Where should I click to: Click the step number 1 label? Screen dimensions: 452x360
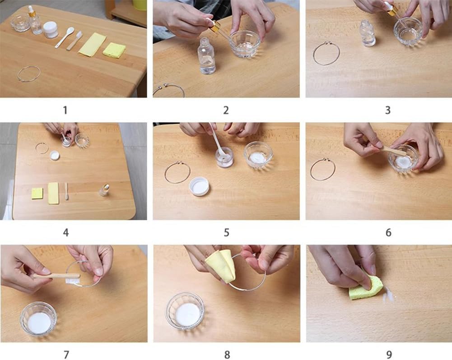tap(65, 110)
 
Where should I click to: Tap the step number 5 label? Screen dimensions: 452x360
tap(226, 232)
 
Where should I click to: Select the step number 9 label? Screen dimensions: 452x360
tap(389, 355)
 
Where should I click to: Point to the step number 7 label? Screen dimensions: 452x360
tap(66, 355)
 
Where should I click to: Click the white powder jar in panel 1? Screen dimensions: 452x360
tap(51, 30)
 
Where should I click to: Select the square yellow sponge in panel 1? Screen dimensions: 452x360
tap(114, 50)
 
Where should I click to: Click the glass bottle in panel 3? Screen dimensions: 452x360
tap(368, 33)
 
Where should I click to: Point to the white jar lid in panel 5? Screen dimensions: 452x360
tap(200, 186)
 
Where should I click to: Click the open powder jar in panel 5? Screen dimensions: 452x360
tap(224, 157)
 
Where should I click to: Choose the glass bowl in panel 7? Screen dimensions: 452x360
tap(38, 319)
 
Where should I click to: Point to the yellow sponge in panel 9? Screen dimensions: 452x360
tap(366, 288)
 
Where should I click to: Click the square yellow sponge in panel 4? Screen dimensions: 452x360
tap(37, 194)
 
